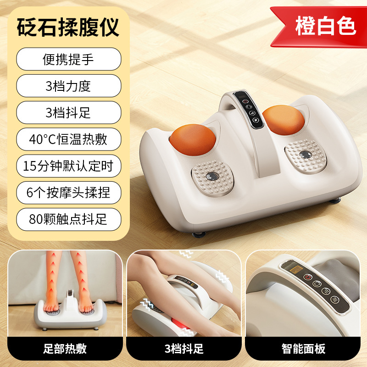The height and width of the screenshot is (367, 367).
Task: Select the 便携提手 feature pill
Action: tap(69, 59)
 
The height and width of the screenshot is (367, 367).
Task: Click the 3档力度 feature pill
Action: tap(69, 86)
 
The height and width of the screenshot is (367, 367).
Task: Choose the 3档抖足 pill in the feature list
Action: tap(69, 113)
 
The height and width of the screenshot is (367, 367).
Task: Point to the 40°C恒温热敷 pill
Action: tap(69, 139)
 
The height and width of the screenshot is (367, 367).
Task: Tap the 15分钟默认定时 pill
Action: tap(69, 166)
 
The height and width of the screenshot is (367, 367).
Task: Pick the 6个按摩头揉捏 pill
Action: tap(69, 192)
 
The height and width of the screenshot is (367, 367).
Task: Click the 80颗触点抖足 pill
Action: tap(69, 219)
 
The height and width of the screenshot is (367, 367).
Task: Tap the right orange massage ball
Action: tap(283, 120)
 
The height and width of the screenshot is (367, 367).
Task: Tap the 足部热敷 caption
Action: tap(65, 348)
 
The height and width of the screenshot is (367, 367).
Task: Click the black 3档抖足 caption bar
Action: tap(183, 348)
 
